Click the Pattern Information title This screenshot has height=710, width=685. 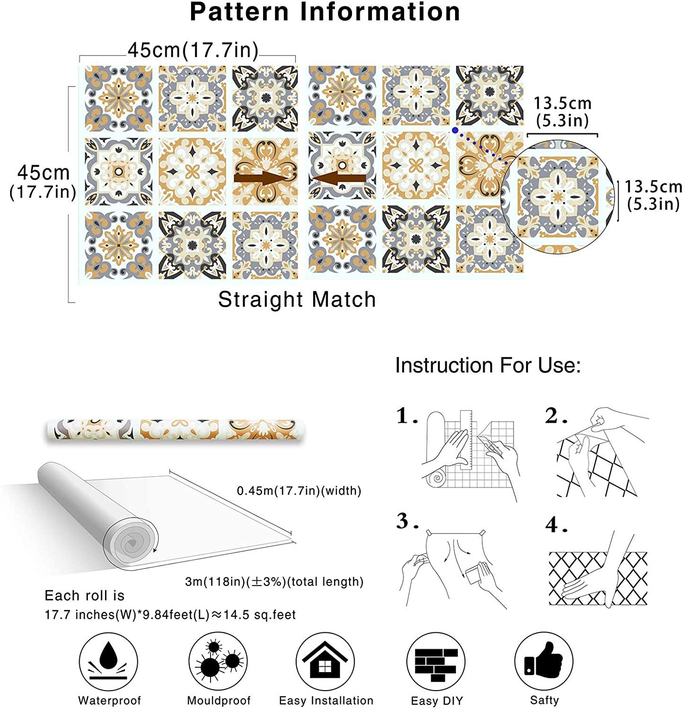pos(325,12)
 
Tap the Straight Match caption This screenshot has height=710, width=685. pos(297,300)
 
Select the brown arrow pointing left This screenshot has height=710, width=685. pos(338,178)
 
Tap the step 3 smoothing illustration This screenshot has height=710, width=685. pos(454,568)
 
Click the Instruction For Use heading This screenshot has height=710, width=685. pos(488,365)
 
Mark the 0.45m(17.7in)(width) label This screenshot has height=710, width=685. pos(299,491)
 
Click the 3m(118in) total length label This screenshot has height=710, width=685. pos(274,582)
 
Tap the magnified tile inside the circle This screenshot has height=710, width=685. pos(558,196)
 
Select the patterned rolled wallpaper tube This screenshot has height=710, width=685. pos(176,430)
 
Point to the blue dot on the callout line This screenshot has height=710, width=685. pos(455,130)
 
